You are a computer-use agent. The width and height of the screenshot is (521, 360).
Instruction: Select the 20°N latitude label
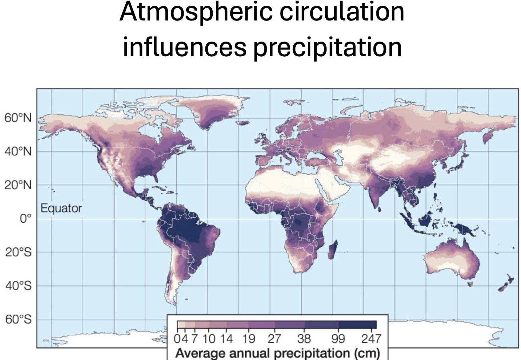pyautogui.click(x=18, y=185)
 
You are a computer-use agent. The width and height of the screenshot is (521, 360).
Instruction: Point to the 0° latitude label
pyautogui.click(x=26, y=219)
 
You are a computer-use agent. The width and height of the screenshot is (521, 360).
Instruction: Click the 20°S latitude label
pyautogui.click(x=18, y=252)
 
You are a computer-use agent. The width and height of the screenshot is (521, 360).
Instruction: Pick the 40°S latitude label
pyautogui.click(x=18, y=286)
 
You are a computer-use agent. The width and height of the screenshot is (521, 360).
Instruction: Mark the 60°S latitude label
pyautogui.click(x=18, y=319)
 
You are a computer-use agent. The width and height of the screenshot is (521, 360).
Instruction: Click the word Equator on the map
pyautogui.click(x=61, y=208)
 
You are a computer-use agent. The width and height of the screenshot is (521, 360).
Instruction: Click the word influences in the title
pyautogui.click(x=184, y=47)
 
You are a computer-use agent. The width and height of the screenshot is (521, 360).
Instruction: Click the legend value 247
pyautogui.click(x=371, y=339)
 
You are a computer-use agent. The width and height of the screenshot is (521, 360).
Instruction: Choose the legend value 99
pyautogui.click(x=338, y=339)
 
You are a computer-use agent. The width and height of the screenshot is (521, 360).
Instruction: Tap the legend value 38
pyautogui.click(x=304, y=339)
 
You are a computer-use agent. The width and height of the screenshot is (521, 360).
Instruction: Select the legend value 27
pyautogui.click(x=274, y=339)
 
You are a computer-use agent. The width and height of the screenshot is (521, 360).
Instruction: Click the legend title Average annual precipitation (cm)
pyautogui.click(x=278, y=353)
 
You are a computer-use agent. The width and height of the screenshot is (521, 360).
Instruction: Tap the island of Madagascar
pyautogui.click(x=333, y=250)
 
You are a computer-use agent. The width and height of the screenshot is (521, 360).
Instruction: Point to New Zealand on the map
pyautogui.click(x=506, y=283)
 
